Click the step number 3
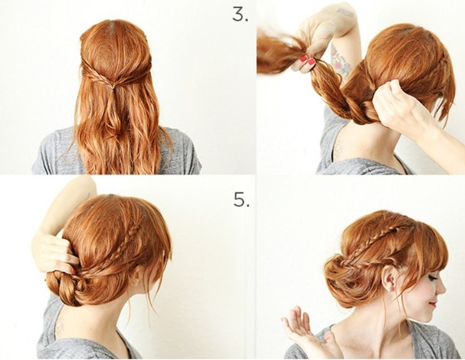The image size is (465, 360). [x=241, y=15]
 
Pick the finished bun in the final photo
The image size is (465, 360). [x=345, y=276]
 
